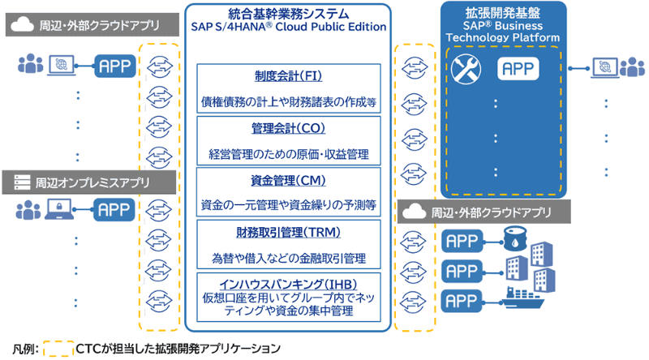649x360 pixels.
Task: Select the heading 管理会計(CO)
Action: [289, 129]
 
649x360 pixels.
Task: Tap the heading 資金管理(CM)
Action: [289, 180]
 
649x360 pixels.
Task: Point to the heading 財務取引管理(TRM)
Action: [289, 234]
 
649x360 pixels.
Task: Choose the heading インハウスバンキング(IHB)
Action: [289, 284]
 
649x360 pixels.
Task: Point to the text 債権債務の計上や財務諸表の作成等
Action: [289, 102]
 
